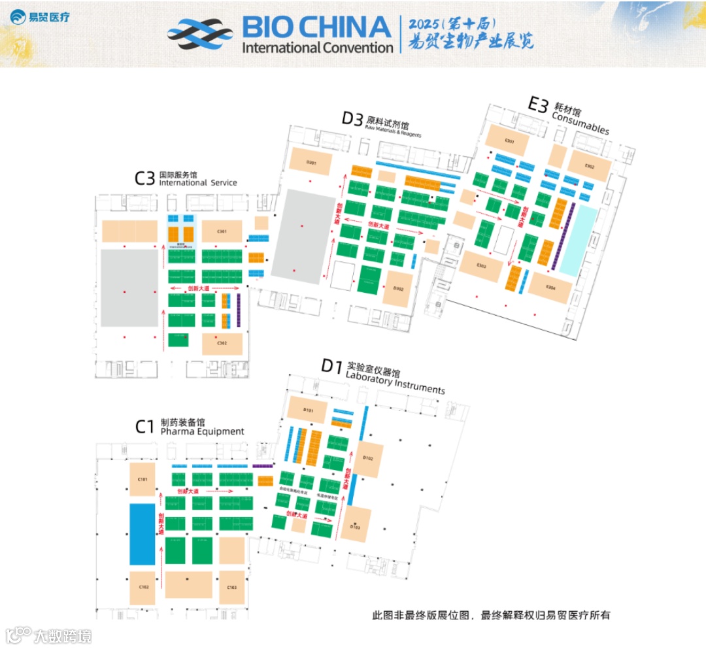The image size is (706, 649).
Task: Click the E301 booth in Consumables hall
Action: pyautogui.click(x=509, y=141)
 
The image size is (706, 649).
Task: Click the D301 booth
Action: pyautogui.click(x=311, y=162)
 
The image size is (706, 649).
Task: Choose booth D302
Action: pyautogui.click(x=398, y=288)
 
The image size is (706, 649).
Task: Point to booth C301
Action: pyautogui.click(x=222, y=231)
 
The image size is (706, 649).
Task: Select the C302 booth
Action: pyautogui.click(x=222, y=343)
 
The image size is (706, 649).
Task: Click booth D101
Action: pyautogui.click(x=308, y=410)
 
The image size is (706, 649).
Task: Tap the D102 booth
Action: pyautogui.click(x=367, y=458)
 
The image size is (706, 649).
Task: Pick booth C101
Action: pyautogui.click(x=143, y=479)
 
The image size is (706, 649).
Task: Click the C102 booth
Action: pyautogui.click(x=143, y=586)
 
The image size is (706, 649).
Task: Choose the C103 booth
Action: pyautogui.click(x=231, y=587)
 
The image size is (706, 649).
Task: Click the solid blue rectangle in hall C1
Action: pyautogui.click(x=142, y=533)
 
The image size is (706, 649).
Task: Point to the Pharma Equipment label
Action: pyautogui.click(x=202, y=431)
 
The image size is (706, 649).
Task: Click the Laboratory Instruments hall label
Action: pyautogui.click(x=395, y=385)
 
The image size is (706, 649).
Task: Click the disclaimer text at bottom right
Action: pyautogui.click(x=490, y=615)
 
